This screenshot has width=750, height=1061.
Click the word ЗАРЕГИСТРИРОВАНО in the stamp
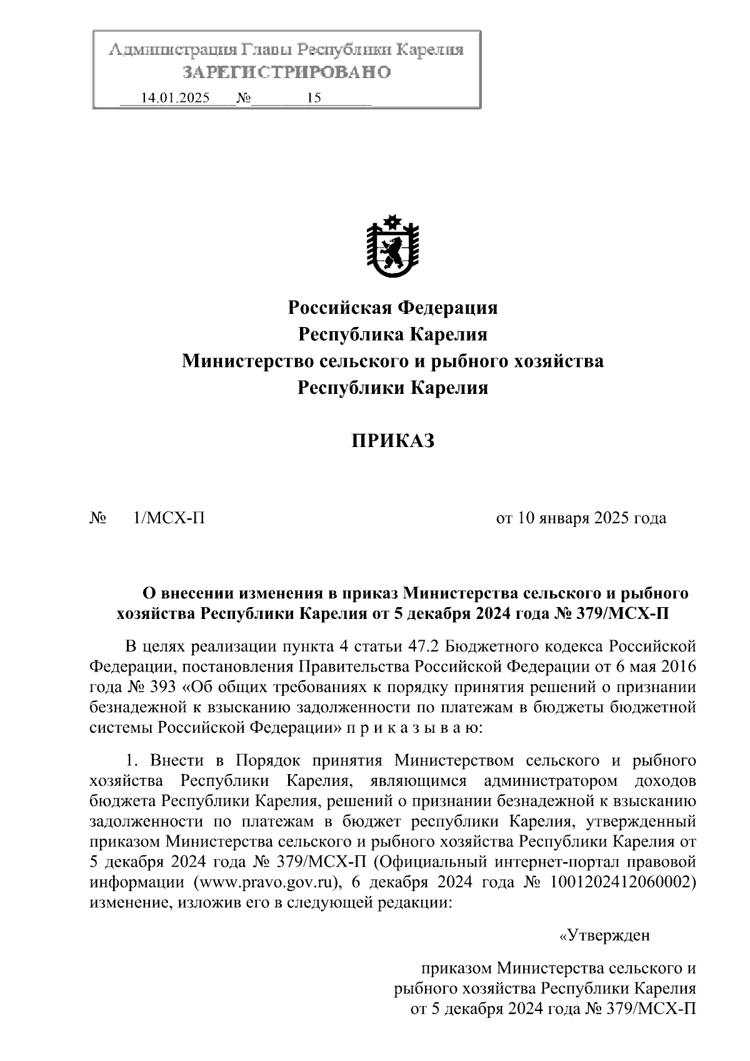287,73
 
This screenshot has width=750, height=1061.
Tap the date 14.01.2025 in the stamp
176,98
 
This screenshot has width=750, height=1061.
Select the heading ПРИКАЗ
392,441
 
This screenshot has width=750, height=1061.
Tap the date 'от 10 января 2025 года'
581,518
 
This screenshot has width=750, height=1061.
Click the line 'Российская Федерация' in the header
392,308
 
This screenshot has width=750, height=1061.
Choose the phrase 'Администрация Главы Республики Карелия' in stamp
287,50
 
